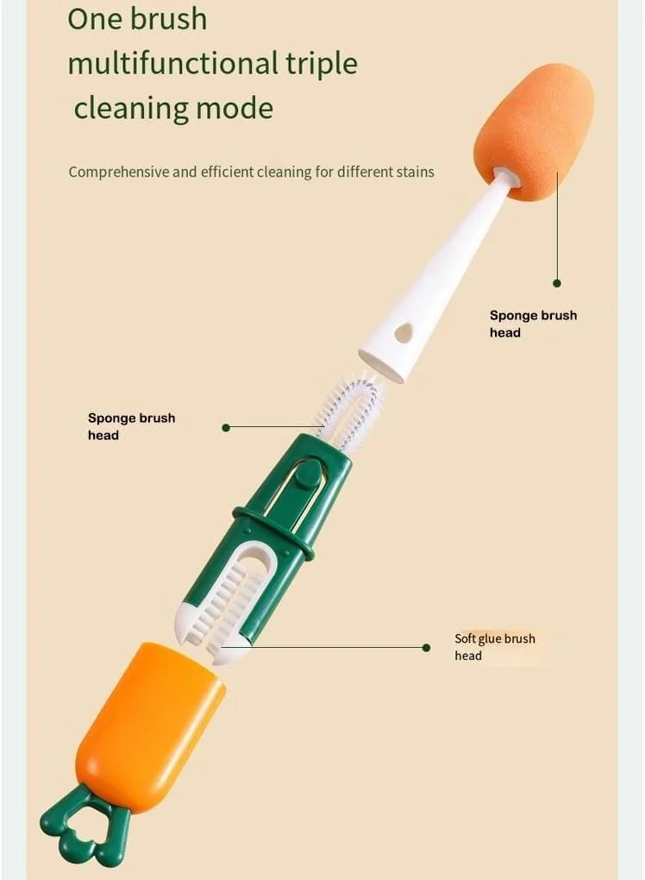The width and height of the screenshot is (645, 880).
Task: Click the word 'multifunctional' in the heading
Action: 172,63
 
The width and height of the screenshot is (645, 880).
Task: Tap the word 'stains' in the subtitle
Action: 416,172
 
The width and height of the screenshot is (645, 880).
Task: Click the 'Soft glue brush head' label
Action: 495,646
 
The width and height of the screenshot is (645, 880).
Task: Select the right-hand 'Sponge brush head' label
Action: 533,324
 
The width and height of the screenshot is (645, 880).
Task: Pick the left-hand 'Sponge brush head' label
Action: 131,426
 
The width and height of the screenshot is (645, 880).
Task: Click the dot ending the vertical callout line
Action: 557,284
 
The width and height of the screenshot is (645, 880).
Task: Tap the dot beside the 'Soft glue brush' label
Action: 426,648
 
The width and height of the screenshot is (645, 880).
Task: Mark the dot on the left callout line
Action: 226,428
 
